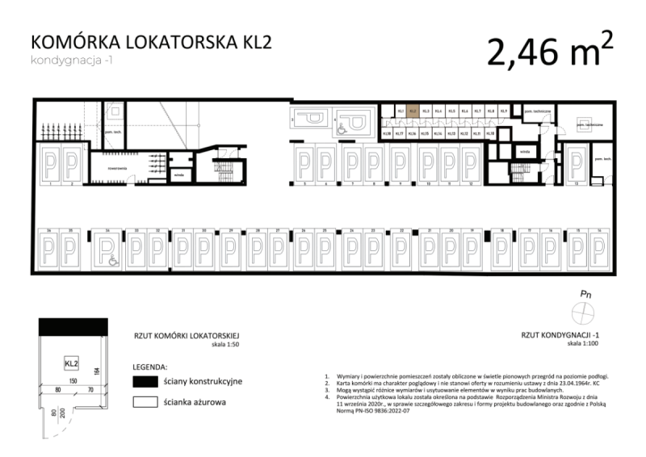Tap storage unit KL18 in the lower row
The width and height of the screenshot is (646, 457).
[387, 132]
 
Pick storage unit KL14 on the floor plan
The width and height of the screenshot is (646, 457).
[438, 132]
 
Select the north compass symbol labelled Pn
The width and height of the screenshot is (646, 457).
[582, 312]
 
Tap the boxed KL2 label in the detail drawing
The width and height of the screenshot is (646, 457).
[71, 363]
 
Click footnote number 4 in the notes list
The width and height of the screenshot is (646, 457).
[326, 397]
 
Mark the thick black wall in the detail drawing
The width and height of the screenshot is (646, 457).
[72, 327]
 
